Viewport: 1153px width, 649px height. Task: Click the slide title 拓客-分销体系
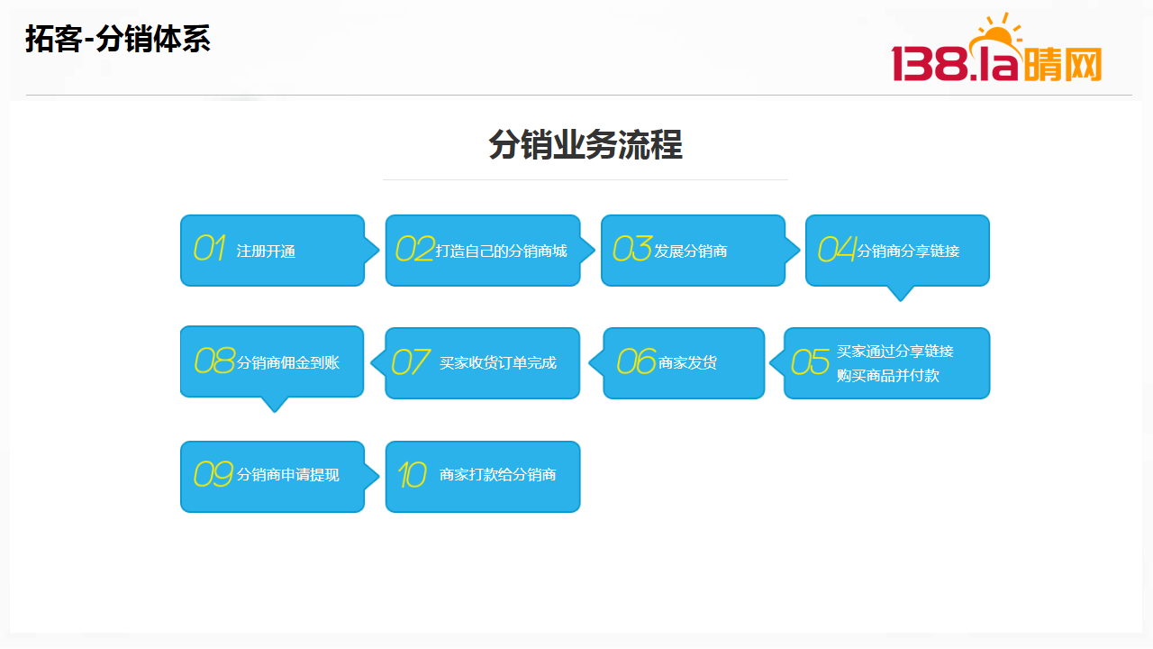(x=118, y=39)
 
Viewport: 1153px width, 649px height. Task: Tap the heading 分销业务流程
(x=586, y=145)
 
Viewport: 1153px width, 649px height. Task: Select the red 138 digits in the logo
(x=930, y=63)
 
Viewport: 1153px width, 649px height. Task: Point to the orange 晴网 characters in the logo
(x=1062, y=64)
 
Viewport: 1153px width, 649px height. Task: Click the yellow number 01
(x=209, y=248)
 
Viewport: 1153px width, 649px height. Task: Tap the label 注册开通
(x=266, y=251)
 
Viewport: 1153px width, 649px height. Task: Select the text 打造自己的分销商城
(x=502, y=251)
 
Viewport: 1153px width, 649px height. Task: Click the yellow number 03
(x=632, y=248)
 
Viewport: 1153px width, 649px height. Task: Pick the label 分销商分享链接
(x=908, y=251)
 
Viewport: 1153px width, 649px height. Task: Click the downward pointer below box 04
(x=900, y=294)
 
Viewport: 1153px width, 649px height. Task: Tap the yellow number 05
(x=810, y=361)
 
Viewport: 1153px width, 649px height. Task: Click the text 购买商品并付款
(x=888, y=376)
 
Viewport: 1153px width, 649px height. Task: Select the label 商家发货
(x=687, y=362)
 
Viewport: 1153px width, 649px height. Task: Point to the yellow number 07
(x=410, y=361)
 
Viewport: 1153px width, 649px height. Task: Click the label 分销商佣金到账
(x=287, y=362)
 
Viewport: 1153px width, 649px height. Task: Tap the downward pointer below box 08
(x=275, y=405)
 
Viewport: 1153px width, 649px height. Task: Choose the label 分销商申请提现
(x=287, y=474)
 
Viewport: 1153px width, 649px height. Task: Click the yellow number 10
(x=412, y=474)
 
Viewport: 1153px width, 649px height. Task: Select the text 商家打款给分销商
(x=498, y=474)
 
